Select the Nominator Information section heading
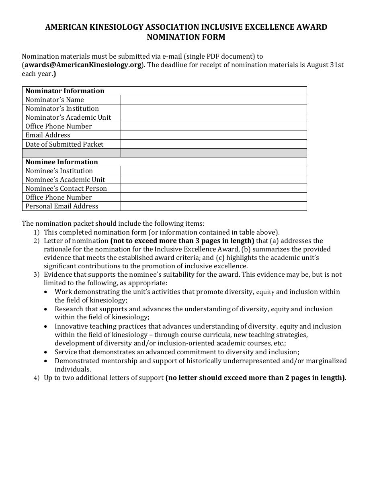click(x=65, y=91)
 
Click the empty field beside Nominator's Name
click(x=213, y=100)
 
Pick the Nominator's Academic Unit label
click(x=68, y=117)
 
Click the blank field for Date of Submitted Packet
click(x=213, y=144)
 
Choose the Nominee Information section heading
click(x=61, y=162)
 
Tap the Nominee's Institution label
click(x=59, y=171)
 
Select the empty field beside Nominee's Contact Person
click(x=213, y=188)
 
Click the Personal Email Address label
click(x=62, y=206)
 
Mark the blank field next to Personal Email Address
click(x=213, y=206)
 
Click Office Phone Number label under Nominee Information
click(x=59, y=197)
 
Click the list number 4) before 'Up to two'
click(x=37, y=378)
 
